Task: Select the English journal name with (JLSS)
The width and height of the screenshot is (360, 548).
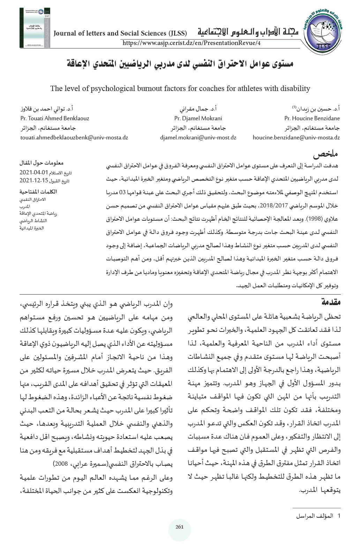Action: tap(120, 34)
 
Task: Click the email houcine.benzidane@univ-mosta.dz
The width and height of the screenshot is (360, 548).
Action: tap(296, 138)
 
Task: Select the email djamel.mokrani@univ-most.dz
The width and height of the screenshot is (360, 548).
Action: tap(198, 138)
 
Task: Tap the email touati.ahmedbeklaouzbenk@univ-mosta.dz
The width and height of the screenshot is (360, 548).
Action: tap(74, 138)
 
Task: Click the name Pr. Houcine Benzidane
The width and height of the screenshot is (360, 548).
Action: tap(312, 118)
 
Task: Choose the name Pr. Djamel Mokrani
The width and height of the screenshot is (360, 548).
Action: tap(198, 118)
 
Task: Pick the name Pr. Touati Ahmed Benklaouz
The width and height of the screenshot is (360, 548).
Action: tap(55, 118)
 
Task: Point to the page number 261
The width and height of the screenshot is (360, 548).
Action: tap(180, 527)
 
